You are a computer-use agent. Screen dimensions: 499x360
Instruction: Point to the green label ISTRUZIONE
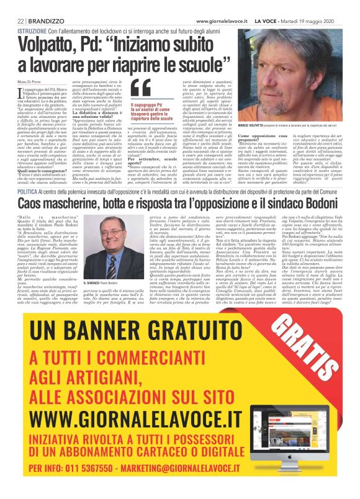click(x=32, y=30)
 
